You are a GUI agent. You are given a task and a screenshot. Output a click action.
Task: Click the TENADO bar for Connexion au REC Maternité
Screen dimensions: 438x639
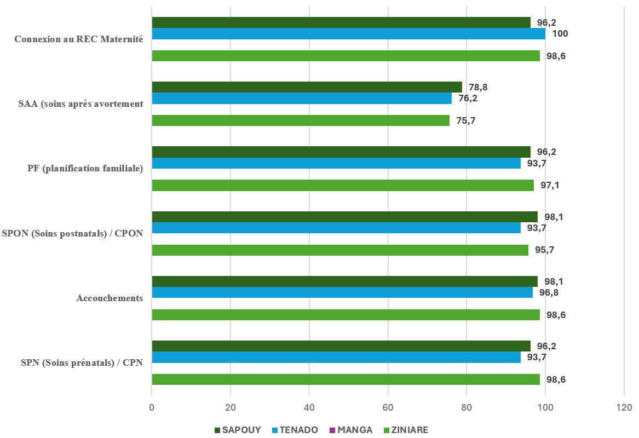point(348,34)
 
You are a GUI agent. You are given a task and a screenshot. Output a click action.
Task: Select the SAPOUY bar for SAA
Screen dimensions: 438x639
point(307,87)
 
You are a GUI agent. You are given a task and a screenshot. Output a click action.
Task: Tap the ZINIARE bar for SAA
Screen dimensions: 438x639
point(301,120)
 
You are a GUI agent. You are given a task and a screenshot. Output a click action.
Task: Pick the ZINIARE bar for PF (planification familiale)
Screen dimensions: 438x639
point(343,185)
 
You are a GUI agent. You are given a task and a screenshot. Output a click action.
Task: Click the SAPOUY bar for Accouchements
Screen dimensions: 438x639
point(344,281)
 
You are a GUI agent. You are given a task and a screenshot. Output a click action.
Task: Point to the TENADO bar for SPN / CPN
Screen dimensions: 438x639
point(336,358)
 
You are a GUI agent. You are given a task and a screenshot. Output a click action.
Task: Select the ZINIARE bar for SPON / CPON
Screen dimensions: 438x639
point(340,250)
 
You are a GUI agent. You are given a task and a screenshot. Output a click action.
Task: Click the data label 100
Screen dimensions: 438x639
point(560,34)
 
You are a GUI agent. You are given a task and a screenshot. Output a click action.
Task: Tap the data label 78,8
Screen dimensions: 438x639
point(478,87)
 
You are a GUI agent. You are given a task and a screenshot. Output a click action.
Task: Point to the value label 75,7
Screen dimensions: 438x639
point(465,121)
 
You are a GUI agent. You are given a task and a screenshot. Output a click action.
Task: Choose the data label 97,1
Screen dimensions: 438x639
point(550,186)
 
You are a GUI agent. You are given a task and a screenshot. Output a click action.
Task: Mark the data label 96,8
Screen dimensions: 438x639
point(549,293)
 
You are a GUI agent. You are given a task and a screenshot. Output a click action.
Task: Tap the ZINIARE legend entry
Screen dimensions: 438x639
point(410,430)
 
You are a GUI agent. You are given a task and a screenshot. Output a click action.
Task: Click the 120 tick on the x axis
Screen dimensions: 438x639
point(624,408)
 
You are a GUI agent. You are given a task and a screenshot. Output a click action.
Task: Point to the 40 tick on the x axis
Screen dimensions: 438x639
point(309,408)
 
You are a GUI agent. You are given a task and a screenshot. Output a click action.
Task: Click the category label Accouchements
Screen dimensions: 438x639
point(110,298)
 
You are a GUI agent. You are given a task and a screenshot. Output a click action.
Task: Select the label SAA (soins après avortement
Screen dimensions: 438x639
point(80,104)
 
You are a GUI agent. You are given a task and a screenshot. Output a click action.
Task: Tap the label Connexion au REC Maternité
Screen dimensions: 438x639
point(79,39)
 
